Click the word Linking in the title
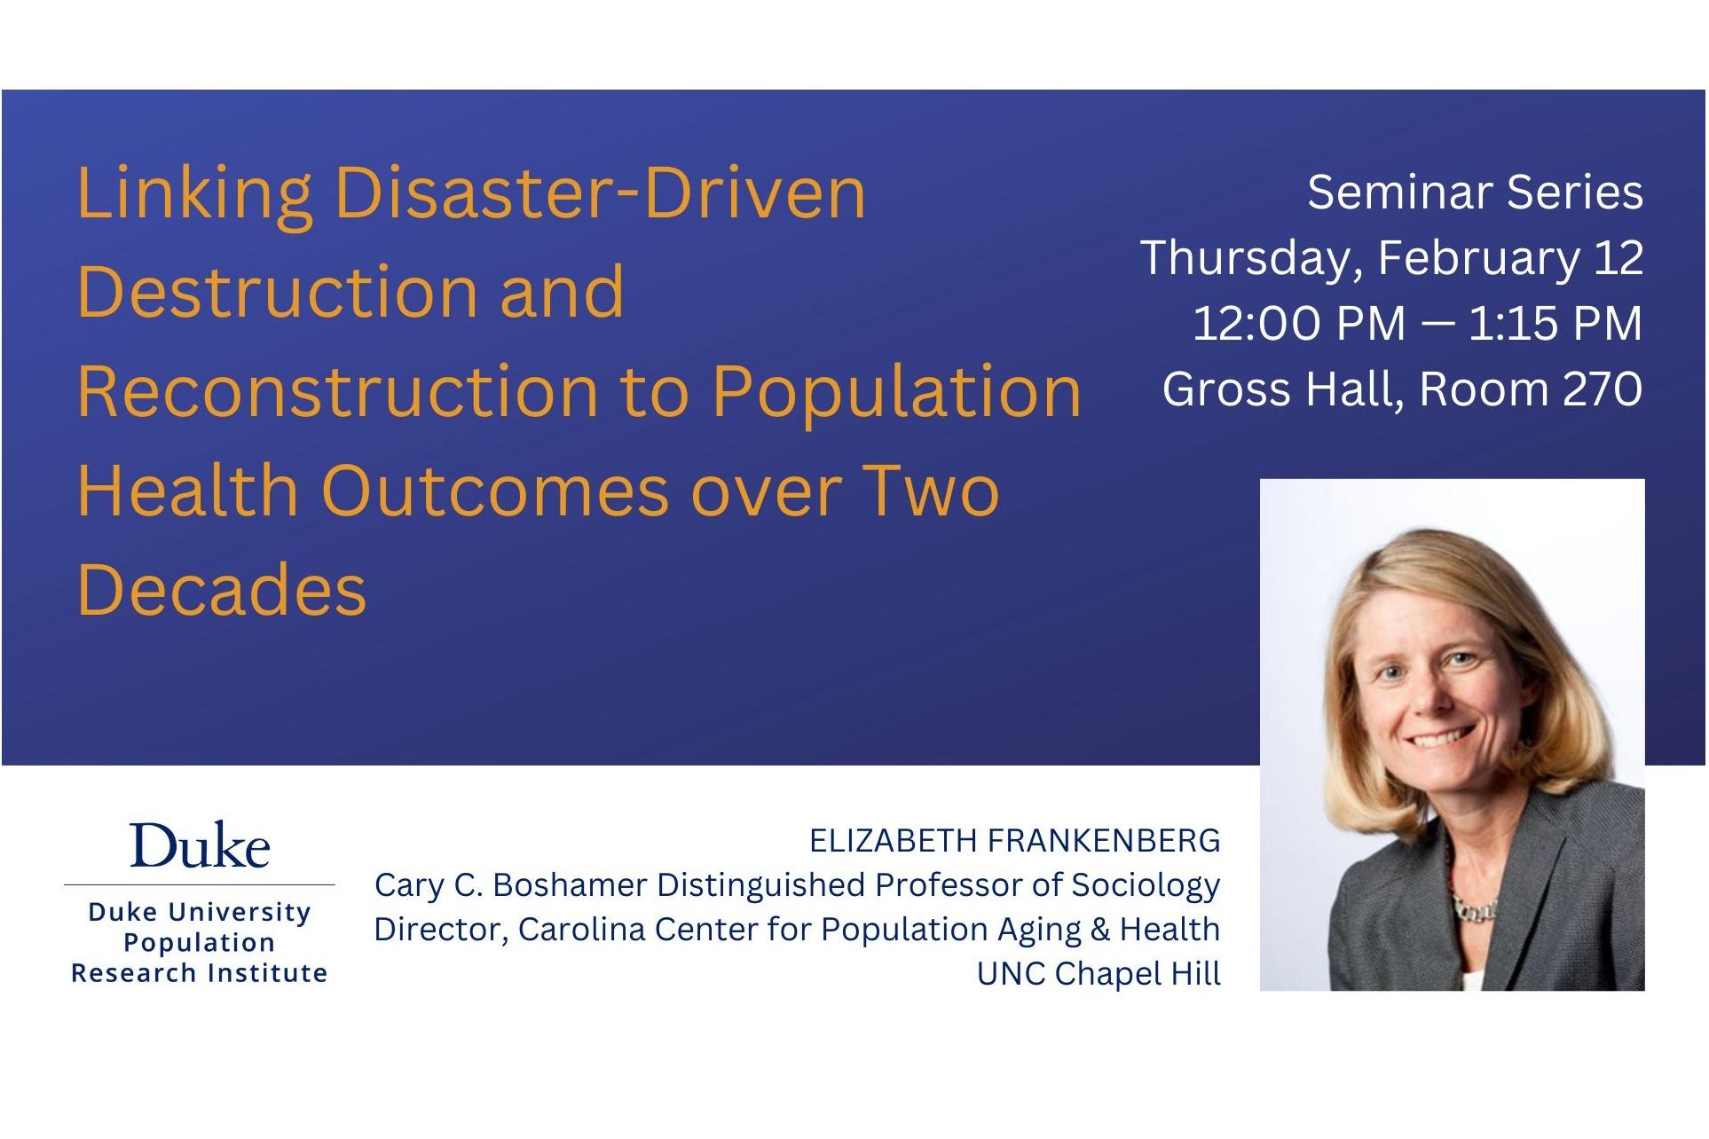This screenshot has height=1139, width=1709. pyautogui.click(x=194, y=194)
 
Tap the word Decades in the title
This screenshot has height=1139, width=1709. pyautogui.click(x=222, y=590)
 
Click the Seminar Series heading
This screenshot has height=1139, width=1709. pyautogui.click(x=1474, y=192)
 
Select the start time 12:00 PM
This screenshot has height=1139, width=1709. pyautogui.click(x=1298, y=323)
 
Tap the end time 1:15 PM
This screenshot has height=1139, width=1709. pyautogui.click(x=1555, y=323)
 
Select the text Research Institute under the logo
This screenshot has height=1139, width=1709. pyautogui.click(x=200, y=973)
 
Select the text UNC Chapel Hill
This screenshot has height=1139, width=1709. pyautogui.click(x=1099, y=974)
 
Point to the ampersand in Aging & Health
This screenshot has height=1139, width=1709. pyautogui.click(x=1100, y=930)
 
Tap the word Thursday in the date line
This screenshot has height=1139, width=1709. pyautogui.click(x=1250, y=258)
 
